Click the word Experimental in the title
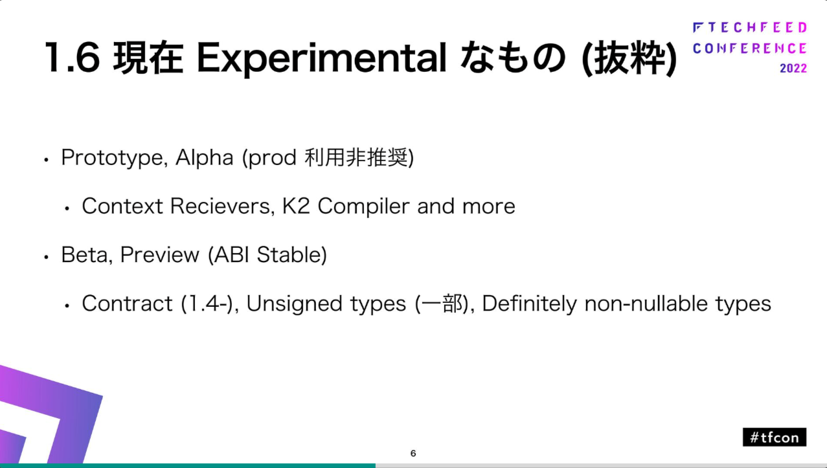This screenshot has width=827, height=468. [322, 58]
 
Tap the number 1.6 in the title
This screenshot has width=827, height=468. [73, 58]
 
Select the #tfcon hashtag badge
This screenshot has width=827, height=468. [775, 438]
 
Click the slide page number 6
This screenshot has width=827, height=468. [413, 453]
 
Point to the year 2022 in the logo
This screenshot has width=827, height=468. [793, 68]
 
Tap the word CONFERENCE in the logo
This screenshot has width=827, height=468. [750, 49]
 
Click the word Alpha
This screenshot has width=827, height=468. [204, 157]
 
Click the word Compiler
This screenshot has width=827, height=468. [363, 206]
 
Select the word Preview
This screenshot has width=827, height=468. [159, 254]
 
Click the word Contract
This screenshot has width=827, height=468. [127, 304]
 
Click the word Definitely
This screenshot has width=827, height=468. [529, 304]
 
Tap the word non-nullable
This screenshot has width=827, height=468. [646, 304]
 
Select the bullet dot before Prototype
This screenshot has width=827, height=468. [46, 160]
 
